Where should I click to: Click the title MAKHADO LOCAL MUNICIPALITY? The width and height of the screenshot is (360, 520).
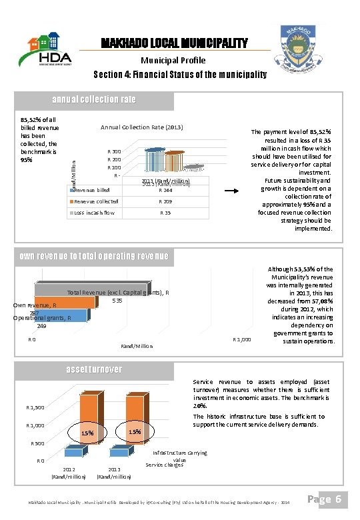tap(174, 44)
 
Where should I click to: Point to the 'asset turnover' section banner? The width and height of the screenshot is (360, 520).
tap(94, 369)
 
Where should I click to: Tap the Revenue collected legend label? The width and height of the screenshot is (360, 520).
tap(97, 201)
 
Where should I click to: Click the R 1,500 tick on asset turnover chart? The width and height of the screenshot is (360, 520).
tap(35, 407)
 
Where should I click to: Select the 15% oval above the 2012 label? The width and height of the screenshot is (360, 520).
tap(87, 434)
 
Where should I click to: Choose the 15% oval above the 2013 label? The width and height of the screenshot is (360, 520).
tap(134, 431)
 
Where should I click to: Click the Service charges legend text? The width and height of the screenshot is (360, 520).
tap(163, 465)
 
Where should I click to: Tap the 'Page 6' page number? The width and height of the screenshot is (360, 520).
tap(328, 499)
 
